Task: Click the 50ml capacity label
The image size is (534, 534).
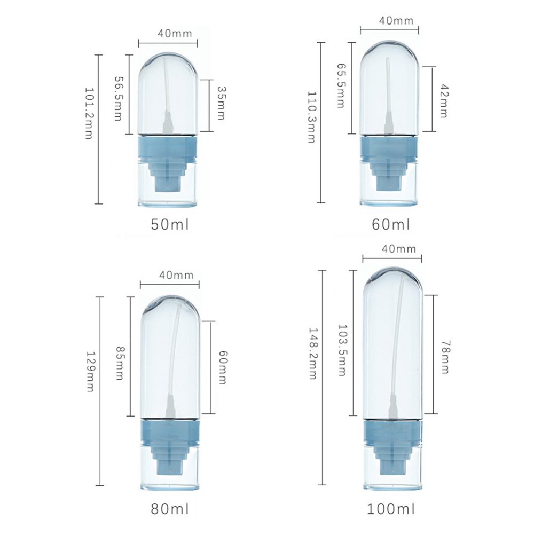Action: coord(170,224)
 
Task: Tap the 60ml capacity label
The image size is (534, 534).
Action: coord(391,224)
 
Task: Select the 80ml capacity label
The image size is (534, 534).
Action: coord(170,509)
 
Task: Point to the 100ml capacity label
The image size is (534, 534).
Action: coord(391,509)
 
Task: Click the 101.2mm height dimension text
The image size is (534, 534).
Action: coord(89,113)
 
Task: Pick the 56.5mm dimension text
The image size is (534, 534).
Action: coord(118,98)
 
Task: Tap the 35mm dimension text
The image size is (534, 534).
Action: coord(222,103)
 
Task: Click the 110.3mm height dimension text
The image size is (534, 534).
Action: coord(312,117)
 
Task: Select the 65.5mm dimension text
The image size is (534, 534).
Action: coord(341,85)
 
